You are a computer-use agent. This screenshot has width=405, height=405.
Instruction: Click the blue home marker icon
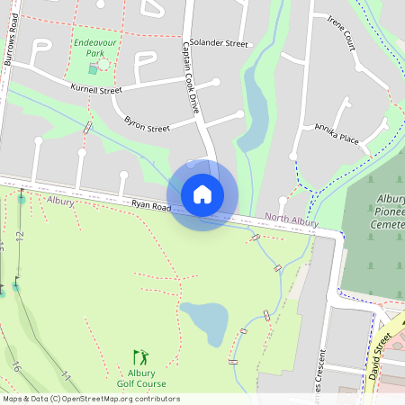[202, 193]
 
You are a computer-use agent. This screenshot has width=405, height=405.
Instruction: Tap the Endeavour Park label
[90, 49]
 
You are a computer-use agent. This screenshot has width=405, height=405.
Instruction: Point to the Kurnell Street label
[96, 89]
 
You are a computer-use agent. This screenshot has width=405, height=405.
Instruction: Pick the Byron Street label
[147, 123]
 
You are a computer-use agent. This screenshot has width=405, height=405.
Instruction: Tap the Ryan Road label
[150, 206]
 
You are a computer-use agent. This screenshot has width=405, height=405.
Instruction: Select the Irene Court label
[344, 33]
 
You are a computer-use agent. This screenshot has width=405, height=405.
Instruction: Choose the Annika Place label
[337, 134]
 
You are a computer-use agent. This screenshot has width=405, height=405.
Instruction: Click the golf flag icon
[140, 357]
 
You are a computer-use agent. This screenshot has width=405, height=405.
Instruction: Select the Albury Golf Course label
[141, 378]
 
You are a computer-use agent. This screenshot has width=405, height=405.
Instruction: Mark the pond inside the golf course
[204, 318]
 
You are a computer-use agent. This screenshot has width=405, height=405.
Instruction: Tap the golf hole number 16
[16, 366]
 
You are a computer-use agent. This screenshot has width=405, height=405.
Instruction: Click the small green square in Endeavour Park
[93, 69]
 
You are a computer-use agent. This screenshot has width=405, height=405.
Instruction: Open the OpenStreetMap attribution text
[91, 398]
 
